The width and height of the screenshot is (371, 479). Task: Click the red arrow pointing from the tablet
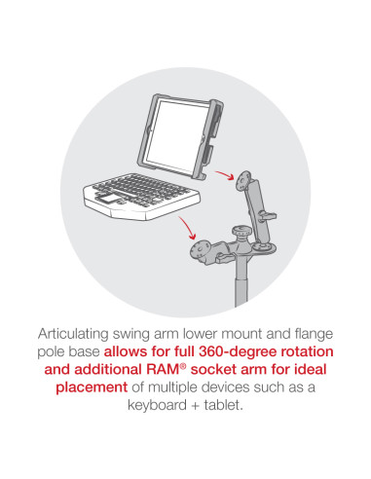pyautogui.click(x=224, y=174)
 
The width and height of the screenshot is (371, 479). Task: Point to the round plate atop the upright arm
pyautogui.click(x=245, y=180)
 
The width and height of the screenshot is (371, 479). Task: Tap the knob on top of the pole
pyautogui.click(x=241, y=232)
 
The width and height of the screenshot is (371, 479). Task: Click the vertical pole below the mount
pyautogui.click(x=241, y=281)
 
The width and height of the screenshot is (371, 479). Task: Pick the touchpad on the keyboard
pyautogui.click(x=106, y=198)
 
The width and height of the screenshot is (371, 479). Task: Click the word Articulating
pyautogui.click(x=73, y=334)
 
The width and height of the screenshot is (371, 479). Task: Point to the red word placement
pyautogui.click(x=92, y=387)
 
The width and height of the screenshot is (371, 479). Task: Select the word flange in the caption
pyautogui.click(x=314, y=335)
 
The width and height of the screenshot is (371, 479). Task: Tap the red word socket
pyautogui.click(x=213, y=370)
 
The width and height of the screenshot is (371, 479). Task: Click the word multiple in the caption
pyautogui.click(x=173, y=387)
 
